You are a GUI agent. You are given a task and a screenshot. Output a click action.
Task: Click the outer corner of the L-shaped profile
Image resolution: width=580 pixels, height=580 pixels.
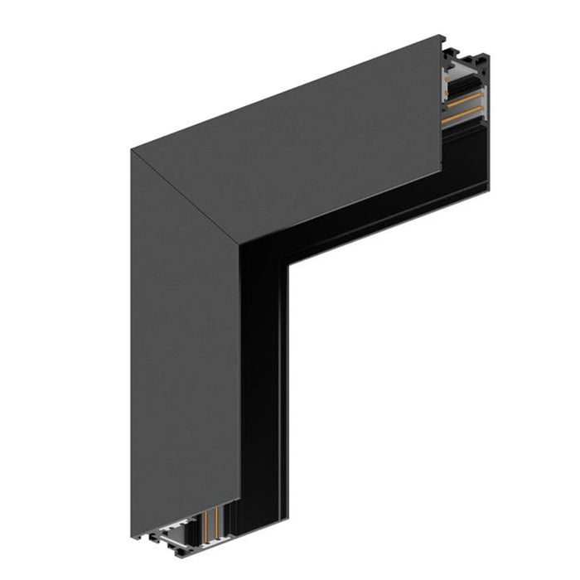click(x=132, y=150)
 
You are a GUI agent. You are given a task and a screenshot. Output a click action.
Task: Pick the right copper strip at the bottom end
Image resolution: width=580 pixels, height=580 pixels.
click(x=216, y=521)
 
